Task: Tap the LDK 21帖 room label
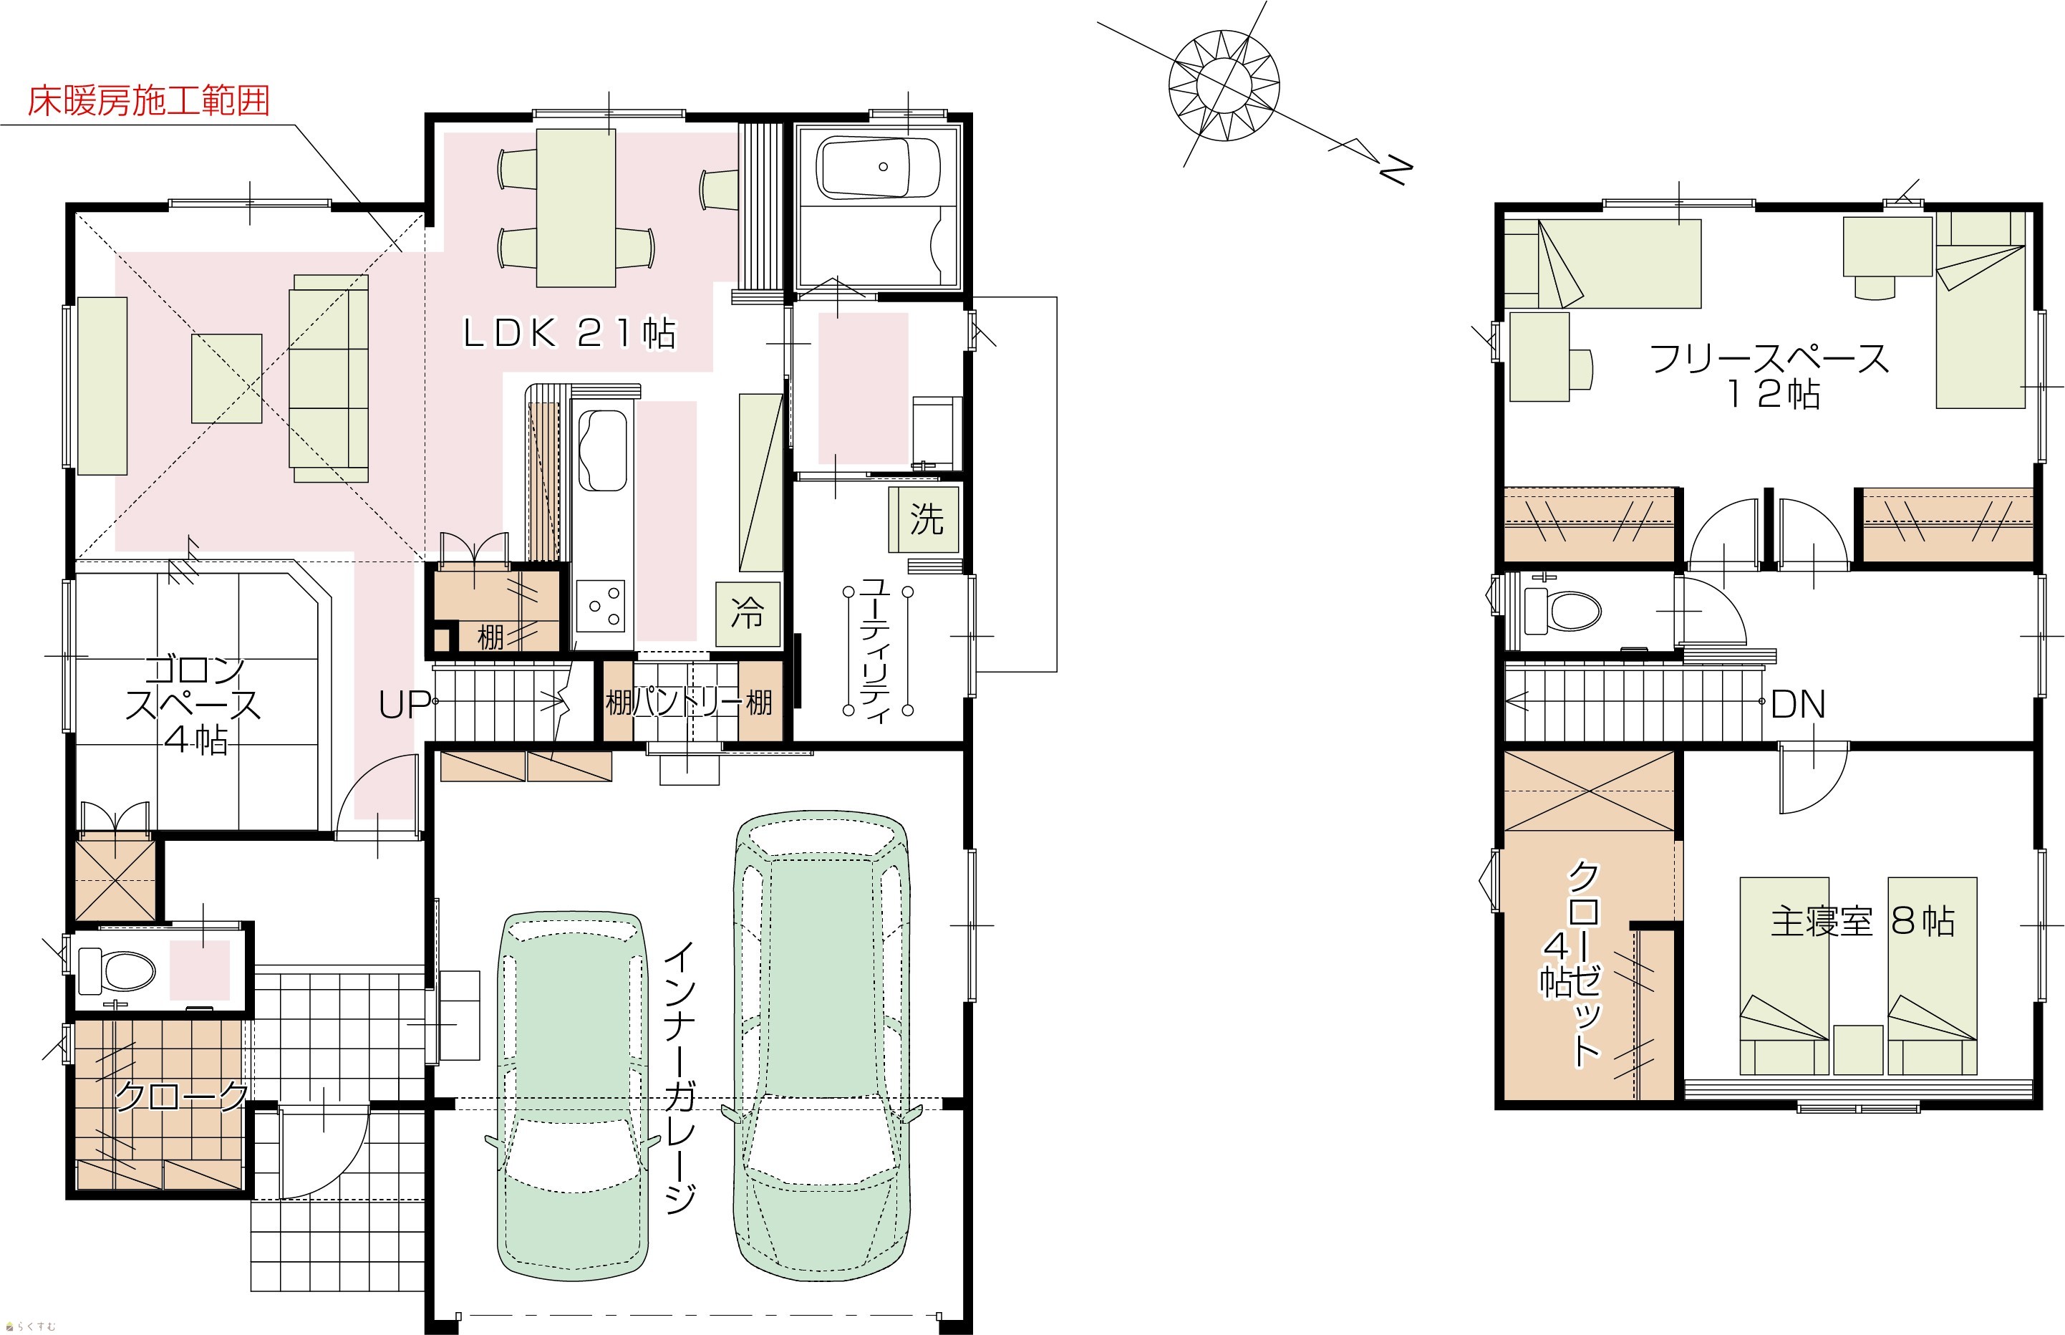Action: (569, 333)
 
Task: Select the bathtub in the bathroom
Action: (879, 168)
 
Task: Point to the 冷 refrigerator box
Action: (747, 615)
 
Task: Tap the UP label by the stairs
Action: (404, 705)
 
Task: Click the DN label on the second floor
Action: (1798, 705)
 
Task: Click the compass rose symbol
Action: (1224, 84)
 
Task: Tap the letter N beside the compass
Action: (1394, 170)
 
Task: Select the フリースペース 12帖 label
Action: (1769, 375)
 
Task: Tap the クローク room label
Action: (181, 1097)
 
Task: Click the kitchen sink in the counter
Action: (603, 450)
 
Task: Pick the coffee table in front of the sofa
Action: (226, 379)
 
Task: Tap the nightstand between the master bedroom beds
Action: (1858, 1050)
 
